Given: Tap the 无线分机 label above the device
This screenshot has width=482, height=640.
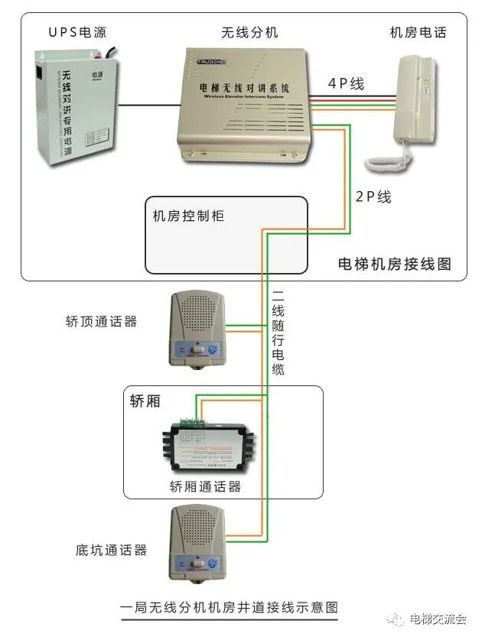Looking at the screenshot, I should (249, 32).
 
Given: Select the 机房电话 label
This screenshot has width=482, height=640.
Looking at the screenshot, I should (418, 32).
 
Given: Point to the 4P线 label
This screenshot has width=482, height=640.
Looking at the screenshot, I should (347, 84).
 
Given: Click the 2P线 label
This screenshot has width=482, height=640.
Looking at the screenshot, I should (373, 197).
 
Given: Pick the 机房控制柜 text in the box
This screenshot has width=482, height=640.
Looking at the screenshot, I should (188, 216).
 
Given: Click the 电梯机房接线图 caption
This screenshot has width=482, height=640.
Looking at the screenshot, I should (394, 264).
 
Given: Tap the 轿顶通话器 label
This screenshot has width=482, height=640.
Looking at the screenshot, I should (102, 321).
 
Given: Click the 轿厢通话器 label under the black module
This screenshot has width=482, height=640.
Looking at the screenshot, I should (205, 486).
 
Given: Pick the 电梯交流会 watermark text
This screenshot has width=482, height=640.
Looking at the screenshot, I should (438, 619).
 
